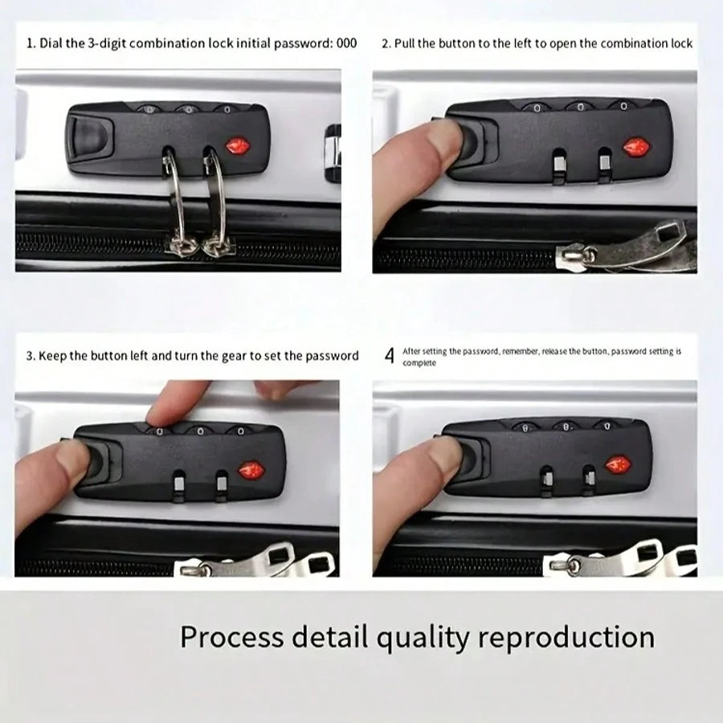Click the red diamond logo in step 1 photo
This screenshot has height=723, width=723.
tap(238, 147)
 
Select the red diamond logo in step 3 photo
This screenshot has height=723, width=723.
tap(251, 470)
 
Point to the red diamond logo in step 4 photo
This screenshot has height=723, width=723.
tap(619, 465)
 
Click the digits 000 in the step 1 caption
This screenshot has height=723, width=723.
tap(347, 43)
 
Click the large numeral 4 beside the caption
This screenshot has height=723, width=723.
tap(390, 356)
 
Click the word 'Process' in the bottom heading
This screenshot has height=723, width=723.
tap(232, 637)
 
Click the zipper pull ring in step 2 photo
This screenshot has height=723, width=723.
tap(589, 253)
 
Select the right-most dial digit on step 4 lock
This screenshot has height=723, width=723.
tap(607, 427)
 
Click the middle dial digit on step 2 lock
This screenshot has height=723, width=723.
tap(580, 108)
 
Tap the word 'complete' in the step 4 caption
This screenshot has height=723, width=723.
tap(419, 363)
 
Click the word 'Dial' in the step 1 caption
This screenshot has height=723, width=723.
tap(51, 43)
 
